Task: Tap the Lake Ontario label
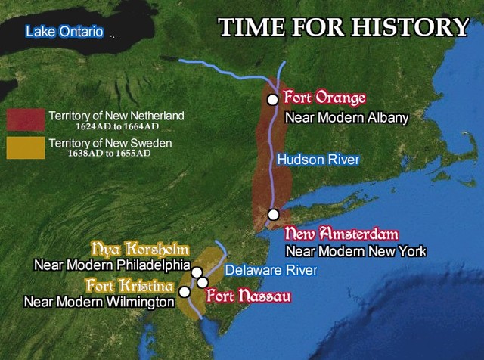click(64, 32)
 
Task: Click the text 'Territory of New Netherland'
click(116, 116)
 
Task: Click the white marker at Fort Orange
click(272, 99)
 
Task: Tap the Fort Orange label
click(324, 98)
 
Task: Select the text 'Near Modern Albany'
click(346, 118)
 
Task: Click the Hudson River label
click(317, 160)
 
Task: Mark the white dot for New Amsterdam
click(273, 214)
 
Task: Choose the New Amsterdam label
click(341, 233)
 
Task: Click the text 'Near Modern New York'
click(355, 251)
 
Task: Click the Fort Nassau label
click(249, 296)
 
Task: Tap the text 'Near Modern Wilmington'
click(100, 302)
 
